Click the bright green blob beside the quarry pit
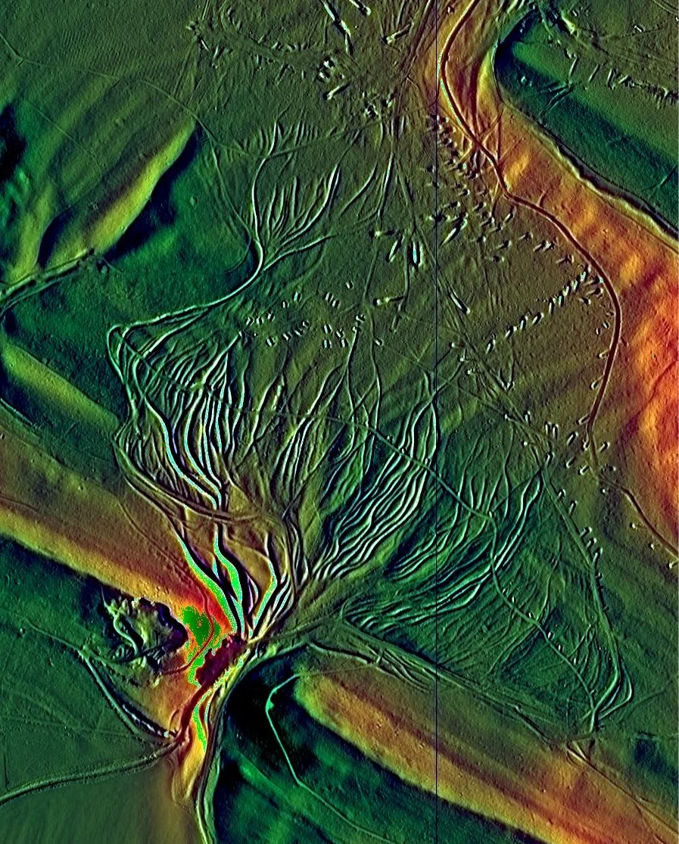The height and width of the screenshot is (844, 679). (198, 625)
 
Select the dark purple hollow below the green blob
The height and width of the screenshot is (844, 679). (227, 651)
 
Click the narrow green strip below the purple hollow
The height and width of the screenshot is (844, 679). (201, 719)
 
